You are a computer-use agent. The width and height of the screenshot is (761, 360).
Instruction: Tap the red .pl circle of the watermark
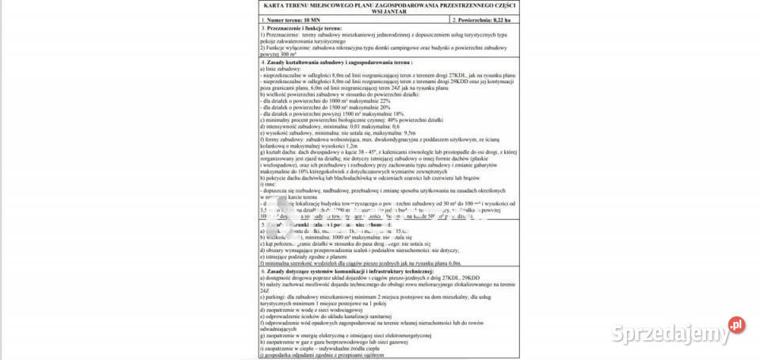coord(736,324)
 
